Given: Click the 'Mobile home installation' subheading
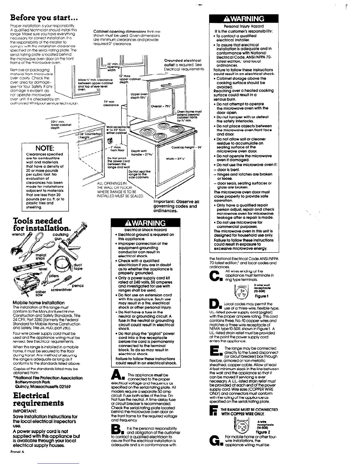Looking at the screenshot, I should click(39, 302).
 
